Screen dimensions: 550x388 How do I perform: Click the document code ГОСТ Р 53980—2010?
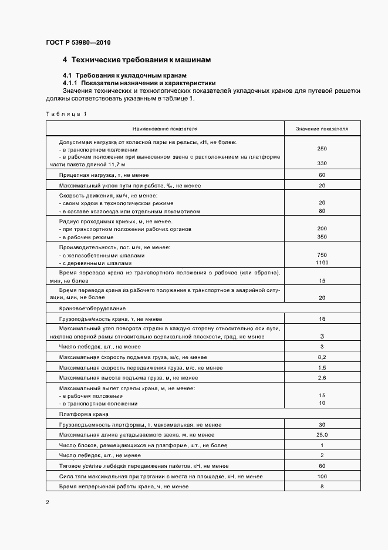coord(77,43)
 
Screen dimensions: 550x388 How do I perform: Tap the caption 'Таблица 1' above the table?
coord(65,113)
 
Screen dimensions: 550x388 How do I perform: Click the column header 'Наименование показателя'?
coord(165,128)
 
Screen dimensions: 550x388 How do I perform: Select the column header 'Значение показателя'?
coord(322,128)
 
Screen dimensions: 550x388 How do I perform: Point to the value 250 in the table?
coord(322,149)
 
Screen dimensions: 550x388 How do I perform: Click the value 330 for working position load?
coord(322,163)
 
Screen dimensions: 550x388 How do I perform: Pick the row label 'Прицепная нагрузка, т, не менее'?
coord(103,175)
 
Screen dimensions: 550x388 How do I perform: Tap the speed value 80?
coord(322,211)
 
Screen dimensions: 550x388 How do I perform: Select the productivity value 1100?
coord(322,264)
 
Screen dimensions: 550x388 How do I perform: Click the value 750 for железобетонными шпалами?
coord(322,255)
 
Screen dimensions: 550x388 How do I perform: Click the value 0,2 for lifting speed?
coord(322,357)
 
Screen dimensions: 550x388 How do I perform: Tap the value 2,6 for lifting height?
coord(322,377)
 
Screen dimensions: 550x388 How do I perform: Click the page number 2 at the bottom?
coord(48,502)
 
